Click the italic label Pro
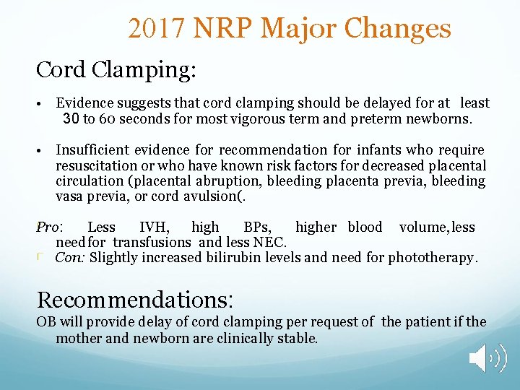(48, 227)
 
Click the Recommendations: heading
(135, 298)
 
